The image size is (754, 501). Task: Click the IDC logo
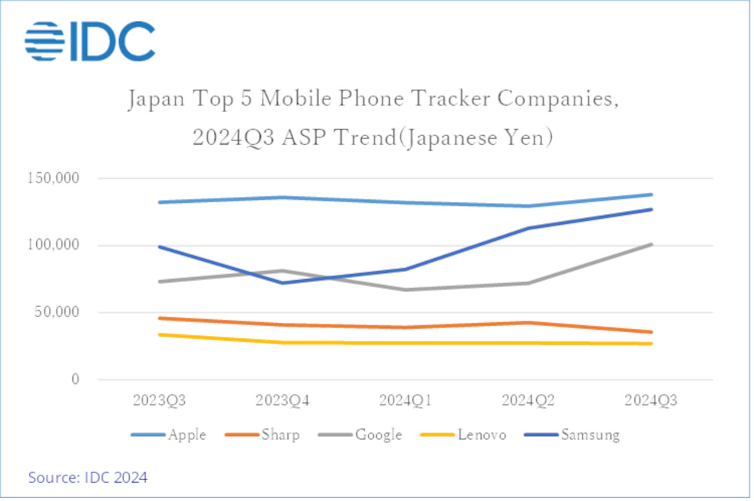(x=90, y=41)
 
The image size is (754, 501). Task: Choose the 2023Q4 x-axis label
(x=282, y=401)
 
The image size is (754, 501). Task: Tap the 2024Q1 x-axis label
(x=405, y=401)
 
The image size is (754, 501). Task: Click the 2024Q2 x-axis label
(x=528, y=401)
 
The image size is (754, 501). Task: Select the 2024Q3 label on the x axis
(x=651, y=401)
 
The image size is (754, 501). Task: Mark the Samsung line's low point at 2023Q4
(x=282, y=283)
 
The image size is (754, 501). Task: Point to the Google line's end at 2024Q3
(x=651, y=244)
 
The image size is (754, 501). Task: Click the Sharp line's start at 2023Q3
(x=160, y=318)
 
